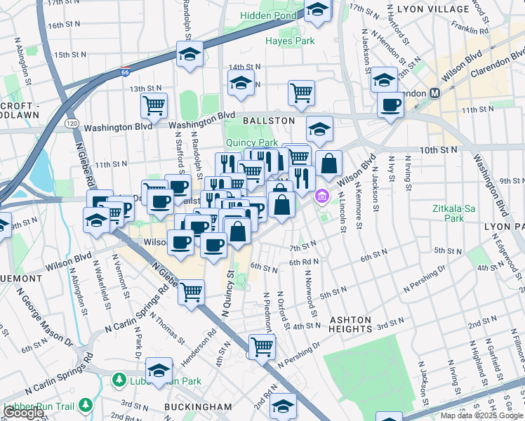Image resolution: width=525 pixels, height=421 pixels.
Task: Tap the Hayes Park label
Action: point(290,41)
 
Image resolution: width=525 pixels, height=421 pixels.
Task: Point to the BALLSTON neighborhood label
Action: point(269,121)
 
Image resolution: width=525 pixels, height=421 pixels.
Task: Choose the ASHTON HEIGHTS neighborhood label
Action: point(350,324)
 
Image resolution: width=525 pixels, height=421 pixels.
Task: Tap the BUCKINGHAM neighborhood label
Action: point(197,406)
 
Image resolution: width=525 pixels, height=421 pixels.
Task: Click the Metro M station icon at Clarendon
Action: point(435,93)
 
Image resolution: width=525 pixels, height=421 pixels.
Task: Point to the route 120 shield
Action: point(73,123)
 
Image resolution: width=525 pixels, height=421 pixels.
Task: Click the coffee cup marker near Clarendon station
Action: point(390,105)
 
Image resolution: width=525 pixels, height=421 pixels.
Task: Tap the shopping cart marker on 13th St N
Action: point(301,92)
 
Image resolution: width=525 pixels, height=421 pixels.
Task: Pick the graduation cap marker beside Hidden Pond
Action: point(317,10)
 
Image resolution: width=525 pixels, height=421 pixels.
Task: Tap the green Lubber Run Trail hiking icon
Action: point(86,405)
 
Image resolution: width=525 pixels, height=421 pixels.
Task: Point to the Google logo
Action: point(23,413)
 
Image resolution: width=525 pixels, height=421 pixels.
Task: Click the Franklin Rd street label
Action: point(470,30)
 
